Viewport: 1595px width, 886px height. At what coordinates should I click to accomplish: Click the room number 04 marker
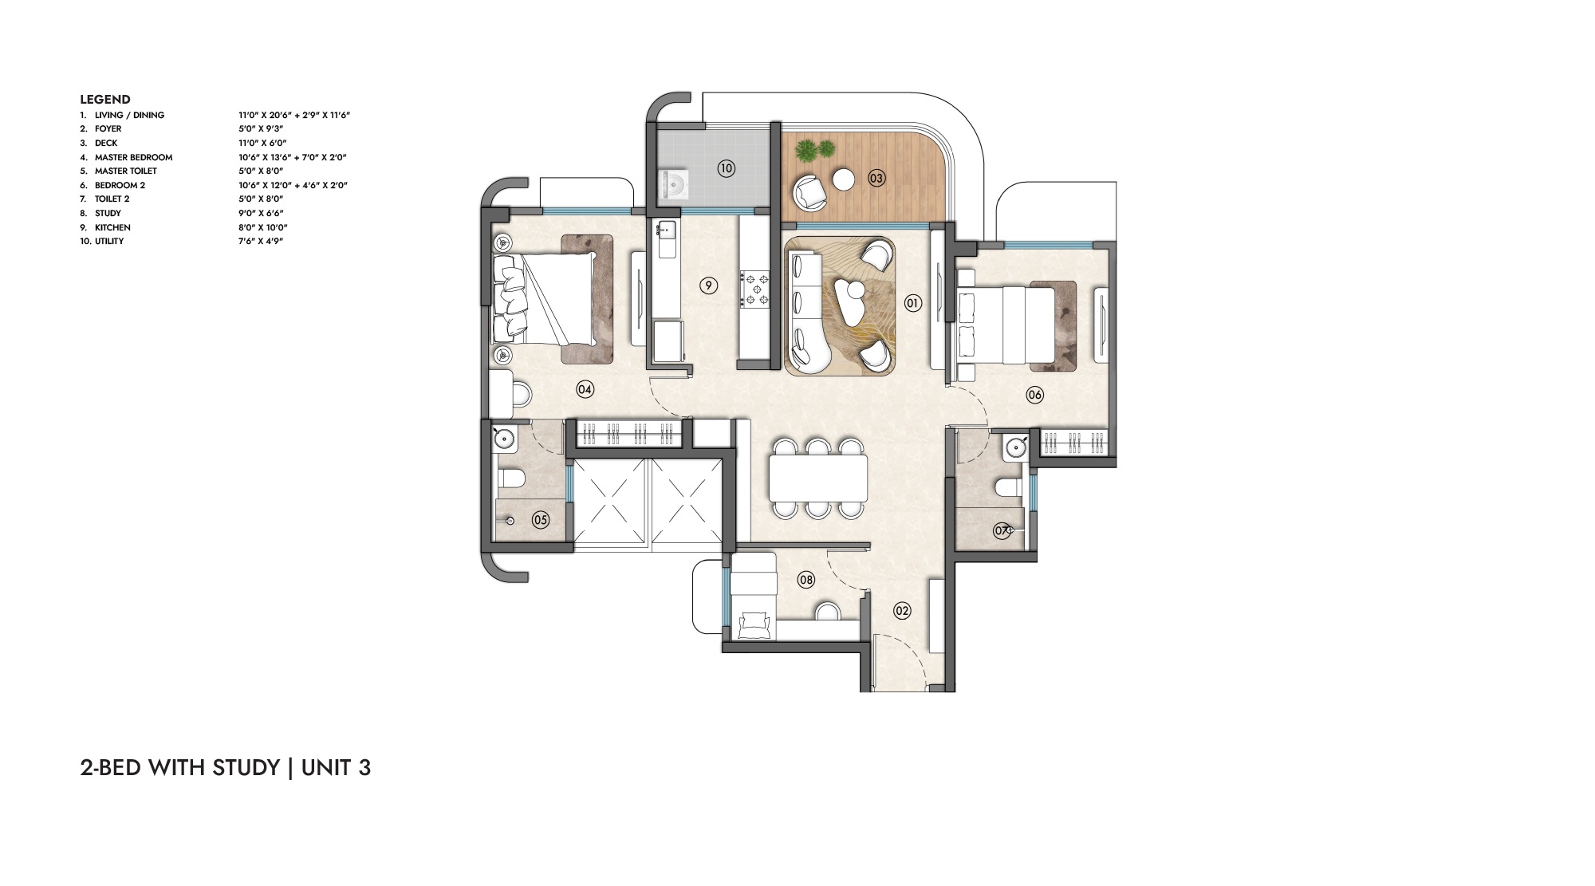585,390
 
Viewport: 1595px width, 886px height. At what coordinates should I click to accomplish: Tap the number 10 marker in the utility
726,168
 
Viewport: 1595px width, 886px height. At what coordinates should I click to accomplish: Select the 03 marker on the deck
876,178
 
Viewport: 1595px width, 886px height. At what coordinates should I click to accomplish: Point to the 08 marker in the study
806,580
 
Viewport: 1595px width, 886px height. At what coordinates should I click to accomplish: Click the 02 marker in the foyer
902,612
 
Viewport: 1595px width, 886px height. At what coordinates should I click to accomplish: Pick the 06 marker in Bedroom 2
1034,395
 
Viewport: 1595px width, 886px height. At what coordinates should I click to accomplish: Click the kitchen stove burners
755,289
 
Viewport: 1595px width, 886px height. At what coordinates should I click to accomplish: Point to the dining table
818,478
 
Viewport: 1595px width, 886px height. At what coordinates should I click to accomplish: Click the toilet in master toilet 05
510,478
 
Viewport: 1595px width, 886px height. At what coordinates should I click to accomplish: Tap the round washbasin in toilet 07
1014,447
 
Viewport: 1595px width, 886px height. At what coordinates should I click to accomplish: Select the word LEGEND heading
105,100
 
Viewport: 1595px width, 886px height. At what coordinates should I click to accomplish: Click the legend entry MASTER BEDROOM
133,157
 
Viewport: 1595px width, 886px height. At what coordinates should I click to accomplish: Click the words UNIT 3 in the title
336,768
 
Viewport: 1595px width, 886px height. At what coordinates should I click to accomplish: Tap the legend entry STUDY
108,213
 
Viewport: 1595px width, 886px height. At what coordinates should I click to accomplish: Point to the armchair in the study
754,624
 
